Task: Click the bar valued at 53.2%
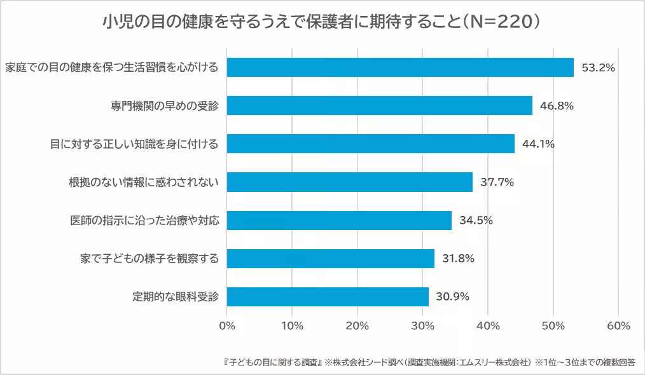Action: pos(400,67)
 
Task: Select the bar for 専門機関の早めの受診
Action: pos(379,106)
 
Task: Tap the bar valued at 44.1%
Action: pos(370,144)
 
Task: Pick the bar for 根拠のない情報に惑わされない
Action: pos(349,182)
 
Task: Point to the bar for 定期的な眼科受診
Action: pos(328,296)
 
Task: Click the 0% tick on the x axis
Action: pos(227,325)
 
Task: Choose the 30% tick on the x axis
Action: pos(422,325)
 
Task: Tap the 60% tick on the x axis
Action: pos(618,325)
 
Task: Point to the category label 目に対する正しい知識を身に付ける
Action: pos(134,144)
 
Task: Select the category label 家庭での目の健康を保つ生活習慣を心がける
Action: pos(112,67)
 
